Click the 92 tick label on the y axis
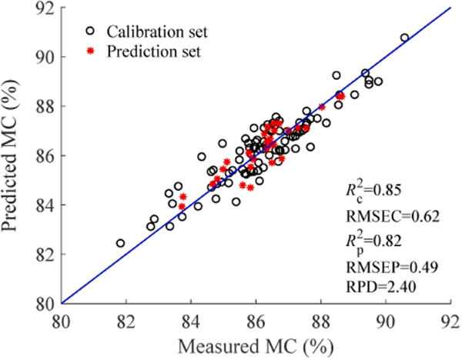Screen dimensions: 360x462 coord(45,8)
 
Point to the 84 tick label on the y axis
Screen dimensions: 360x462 coord(45,205)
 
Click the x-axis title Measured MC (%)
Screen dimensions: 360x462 coord(255,345)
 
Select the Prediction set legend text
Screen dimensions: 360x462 coord(154,52)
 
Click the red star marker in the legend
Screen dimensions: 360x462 coord(90,52)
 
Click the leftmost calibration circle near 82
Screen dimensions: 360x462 coord(120,243)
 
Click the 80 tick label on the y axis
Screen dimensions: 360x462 coord(45,303)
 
